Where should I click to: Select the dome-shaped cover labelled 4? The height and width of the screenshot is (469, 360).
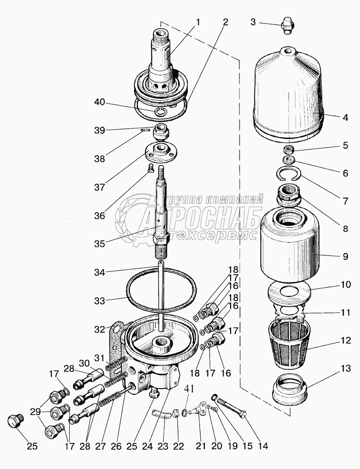coord(288,94)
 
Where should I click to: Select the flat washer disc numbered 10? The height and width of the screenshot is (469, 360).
coord(288,292)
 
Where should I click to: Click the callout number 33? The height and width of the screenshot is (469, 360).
coord(100,299)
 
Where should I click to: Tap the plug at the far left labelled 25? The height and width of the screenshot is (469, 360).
coord(16,420)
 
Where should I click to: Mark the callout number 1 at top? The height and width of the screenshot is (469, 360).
coord(199,22)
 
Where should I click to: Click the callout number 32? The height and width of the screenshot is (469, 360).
coord(100,329)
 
